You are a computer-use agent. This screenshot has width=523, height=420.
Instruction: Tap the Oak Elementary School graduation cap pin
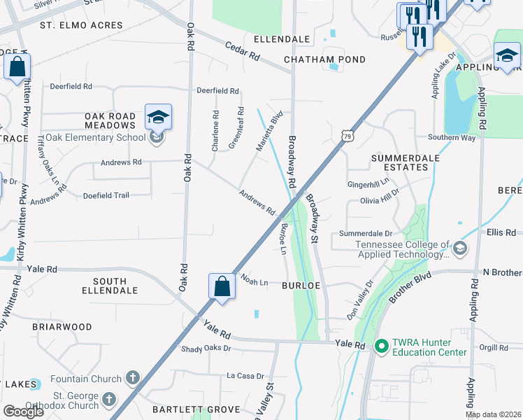(158, 118)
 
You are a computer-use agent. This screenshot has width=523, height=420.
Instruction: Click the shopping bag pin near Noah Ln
(222, 287)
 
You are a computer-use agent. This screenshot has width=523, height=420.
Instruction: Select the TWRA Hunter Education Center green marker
(381, 346)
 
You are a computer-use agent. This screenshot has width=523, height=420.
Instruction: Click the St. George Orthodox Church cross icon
(108, 399)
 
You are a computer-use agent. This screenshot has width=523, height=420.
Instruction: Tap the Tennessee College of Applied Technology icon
(460, 248)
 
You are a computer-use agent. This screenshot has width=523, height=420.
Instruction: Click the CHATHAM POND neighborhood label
(324, 59)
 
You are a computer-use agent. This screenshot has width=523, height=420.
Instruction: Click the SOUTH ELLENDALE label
(104, 286)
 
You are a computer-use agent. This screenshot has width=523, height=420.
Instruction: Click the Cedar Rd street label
(243, 51)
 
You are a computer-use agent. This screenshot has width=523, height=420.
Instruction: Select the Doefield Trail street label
(106, 195)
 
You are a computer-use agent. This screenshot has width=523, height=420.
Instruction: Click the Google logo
(23, 411)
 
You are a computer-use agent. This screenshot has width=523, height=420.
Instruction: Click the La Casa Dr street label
(244, 376)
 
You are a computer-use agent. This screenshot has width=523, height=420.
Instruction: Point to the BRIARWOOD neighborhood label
(62, 327)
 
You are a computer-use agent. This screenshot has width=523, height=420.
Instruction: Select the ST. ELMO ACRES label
(81, 25)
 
